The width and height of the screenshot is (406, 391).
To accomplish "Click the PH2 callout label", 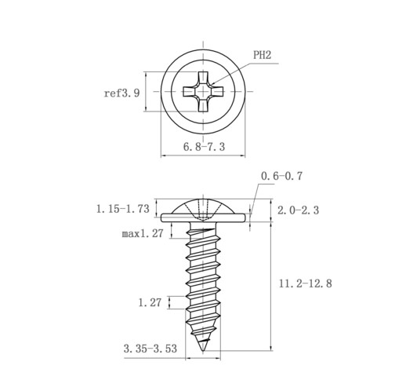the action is tap(263, 55).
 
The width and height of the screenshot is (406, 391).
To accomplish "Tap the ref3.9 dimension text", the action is tap(121, 93).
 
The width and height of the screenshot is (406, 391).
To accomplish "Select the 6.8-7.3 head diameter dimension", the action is tap(204, 147).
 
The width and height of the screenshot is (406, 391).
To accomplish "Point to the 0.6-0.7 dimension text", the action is tap(281, 176).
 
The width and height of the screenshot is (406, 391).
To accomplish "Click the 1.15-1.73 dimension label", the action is tap(123, 209).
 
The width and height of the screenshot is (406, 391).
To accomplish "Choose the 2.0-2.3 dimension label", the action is tap(298, 210).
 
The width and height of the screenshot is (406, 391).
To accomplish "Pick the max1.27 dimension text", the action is tap(143, 233).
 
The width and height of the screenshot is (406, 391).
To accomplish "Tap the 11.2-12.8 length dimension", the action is tap(306, 283).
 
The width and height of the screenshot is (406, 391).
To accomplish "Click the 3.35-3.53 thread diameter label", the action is tap(150, 349).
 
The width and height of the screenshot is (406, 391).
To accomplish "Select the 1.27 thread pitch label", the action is tap(150, 302).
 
